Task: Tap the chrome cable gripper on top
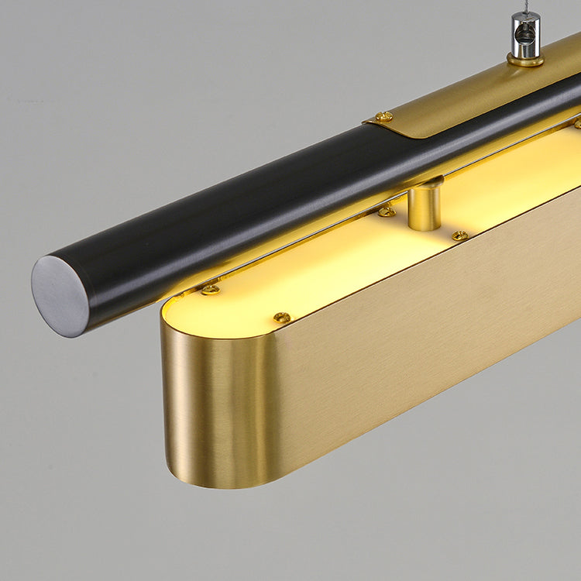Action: coord(526,35)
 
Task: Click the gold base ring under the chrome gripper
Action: coord(526,59)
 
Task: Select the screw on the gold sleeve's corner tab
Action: coord(383,117)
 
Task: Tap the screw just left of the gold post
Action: coord(387,211)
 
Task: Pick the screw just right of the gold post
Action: coord(460,235)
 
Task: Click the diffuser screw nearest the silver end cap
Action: coord(209,290)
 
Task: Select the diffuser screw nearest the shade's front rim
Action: coord(282,318)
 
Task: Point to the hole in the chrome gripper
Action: coord(525,34)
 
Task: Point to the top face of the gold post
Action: coord(425,184)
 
